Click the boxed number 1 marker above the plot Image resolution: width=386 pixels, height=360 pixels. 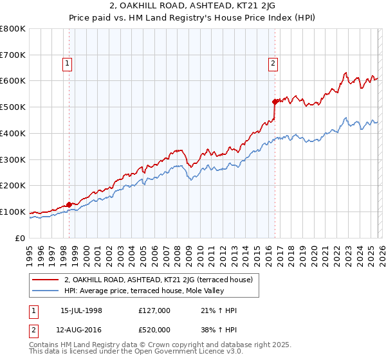pyautogui.click(x=68, y=63)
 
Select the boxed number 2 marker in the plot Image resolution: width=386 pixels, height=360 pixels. pyautogui.click(x=273, y=63)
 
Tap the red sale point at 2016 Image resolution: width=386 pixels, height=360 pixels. pyautogui.click(x=275, y=102)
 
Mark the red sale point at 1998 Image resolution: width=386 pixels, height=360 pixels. pyautogui.click(x=69, y=204)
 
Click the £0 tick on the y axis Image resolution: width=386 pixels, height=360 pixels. pyautogui.click(x=20, y=238)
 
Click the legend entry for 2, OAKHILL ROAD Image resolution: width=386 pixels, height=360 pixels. pyautogui.click(x=162, y=280)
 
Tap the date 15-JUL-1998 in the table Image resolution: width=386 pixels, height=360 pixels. pyautogui.click(x=82, y=310)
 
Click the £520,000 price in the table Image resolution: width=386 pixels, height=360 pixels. pyautogui.click(x=154, y=330)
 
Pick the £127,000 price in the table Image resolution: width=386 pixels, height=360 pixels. pyautogui.click(x=154, y=310)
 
